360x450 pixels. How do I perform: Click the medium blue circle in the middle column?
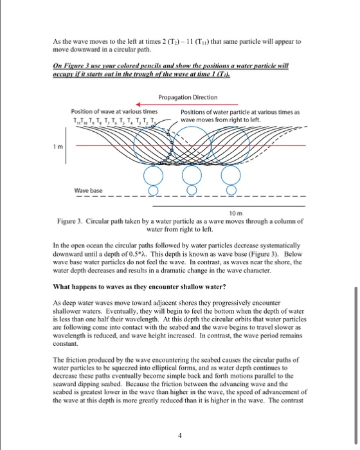click(191, 176)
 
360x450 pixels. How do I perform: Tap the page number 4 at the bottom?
click(181, 435)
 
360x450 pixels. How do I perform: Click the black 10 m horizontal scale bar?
click(225, 207)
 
